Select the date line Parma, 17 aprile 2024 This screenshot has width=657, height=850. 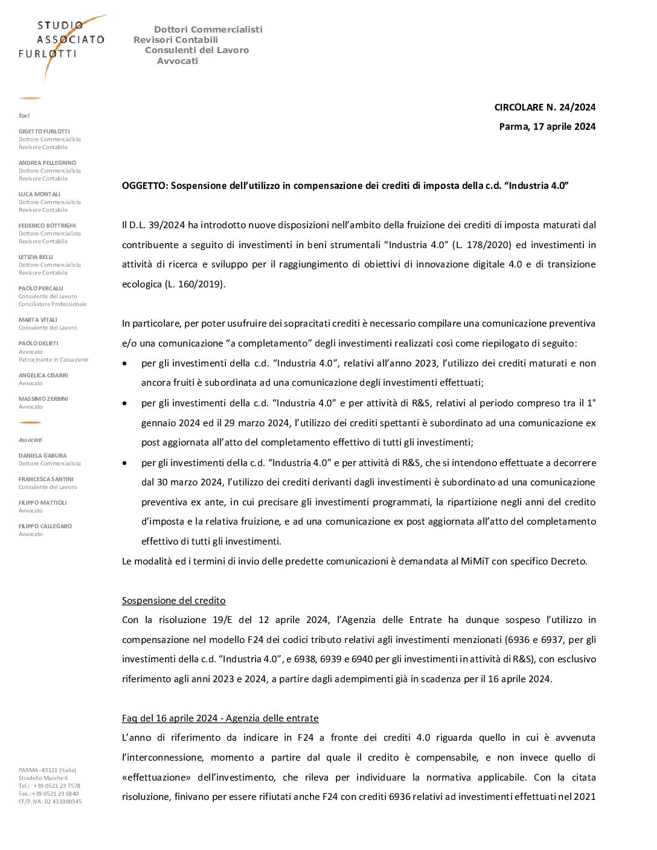pyautogui.click(x=547, y=127)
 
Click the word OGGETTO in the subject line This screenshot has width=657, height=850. pyautogui.click(x=145, y=186)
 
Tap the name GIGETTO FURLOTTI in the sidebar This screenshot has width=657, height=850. pyautogui.click(x=44, y=131)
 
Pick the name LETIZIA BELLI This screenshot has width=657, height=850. pyautogui.click(x=36, y=257)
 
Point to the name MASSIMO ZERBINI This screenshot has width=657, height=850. pyautogui.click(x=43, y=398)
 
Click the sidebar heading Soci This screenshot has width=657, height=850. pyautogui.click(x=24, y=115)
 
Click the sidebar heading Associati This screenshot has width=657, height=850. pyautogui.click(x=30, y=440)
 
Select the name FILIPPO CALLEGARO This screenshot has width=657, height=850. pyautogui.click(x=45, y=526)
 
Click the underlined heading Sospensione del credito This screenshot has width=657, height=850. pyautogui.click(x=174, y=601)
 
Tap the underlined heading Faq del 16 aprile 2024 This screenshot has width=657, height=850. pyautogui.click(x=220, y=718)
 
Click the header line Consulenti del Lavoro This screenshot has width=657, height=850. pyautogui.click(x=197, y=50)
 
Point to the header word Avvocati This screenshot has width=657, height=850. pyautogui.click(x=178, y=61)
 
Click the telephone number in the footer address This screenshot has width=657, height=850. pyautogui.click(x=57, y=786)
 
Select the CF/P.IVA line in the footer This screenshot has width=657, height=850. pyautogui.click(x=50, y=802)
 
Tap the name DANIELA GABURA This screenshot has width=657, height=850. pyautogui.click(x=42, y=456)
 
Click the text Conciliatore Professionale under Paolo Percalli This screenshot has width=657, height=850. pyautogui.click(x=53, y=304)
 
